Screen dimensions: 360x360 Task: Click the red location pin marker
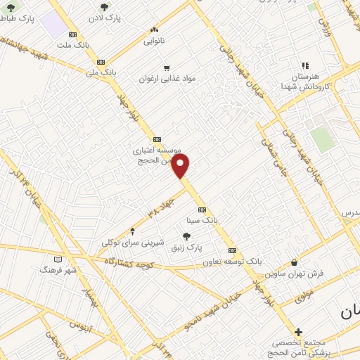[x=181, y=167]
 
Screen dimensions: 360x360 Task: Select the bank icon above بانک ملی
[x=101, y=61]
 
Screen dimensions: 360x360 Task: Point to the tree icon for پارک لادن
[x=105, y=7]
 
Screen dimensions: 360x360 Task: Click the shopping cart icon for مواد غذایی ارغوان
[x=166, y=68]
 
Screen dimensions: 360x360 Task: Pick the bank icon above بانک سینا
[x=202, y=210]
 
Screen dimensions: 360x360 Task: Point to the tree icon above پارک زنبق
[x=186, y=236]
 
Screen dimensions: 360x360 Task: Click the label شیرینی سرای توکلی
[x=133, y=242]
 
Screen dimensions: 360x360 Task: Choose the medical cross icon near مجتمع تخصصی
[x=298, y=332]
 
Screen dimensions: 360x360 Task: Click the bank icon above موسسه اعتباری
[x=156, y=139]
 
